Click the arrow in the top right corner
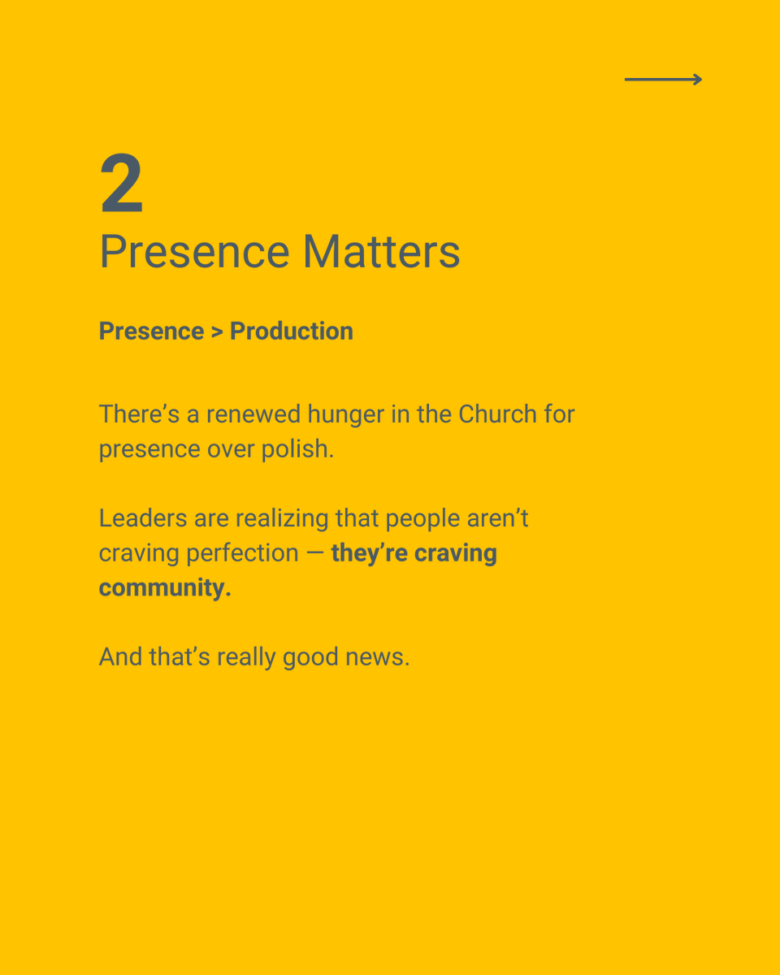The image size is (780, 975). pyautogui.click(x=663, y=79)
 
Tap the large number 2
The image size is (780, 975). pyautogui.click(x=122, y=184)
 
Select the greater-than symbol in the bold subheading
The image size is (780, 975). pyautogui.click(x=217, y=331)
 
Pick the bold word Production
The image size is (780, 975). pyautogui.click(x=291, y=331)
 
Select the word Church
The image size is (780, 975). pyautogui.click(x=497, y=414)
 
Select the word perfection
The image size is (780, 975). pyautogui.click(x=242, y=553)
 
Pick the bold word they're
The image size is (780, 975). pyautogui.click(x=369, y=553)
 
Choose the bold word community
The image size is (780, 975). pyautogui.click(x=165, y=588)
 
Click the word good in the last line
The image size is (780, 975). pyautogui.click(x=310, y=657)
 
